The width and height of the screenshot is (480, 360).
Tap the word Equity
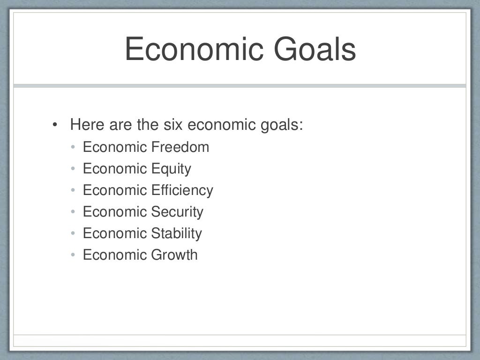point(171,169)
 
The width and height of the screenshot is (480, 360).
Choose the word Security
point(177,212)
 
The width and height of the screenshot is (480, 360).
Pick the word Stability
point(176,233)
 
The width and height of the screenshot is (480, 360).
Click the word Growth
point(174,255)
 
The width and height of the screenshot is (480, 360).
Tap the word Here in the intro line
point(87,125)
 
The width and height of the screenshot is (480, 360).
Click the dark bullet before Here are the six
point(55,126)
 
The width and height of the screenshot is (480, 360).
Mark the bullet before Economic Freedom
point(73,148)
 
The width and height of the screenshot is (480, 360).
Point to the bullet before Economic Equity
point(73,169)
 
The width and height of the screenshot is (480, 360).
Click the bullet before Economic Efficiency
point(73,191)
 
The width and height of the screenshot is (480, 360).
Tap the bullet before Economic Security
point(73,212)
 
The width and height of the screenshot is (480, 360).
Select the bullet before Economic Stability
point(73,234)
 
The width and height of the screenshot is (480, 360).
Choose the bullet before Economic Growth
point(73,255)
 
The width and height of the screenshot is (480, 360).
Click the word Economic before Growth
point(115,255)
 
